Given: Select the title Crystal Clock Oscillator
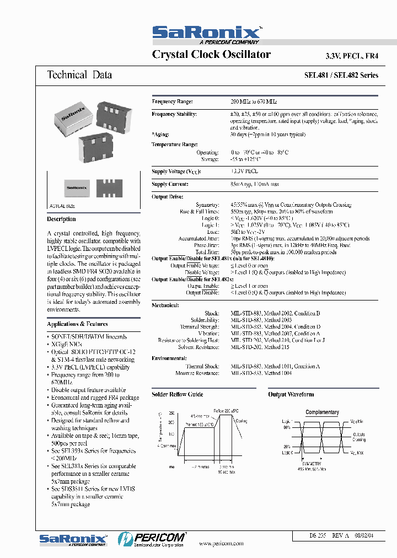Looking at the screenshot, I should pos(211,55).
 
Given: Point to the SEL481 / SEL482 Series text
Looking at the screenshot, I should pos(341,76).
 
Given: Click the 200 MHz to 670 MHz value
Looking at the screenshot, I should pos(254,102).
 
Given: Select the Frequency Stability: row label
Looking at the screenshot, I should pos(174,114).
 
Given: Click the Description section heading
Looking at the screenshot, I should pos(62,219).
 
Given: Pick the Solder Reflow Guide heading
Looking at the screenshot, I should pos(177,394).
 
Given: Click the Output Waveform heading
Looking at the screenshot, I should pos(291,394).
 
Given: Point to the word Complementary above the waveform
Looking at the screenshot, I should pos(322,412).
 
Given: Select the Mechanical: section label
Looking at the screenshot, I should pos(165,304).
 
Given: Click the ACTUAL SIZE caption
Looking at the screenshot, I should pos(62,206).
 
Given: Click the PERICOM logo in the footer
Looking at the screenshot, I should pos(152,538).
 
